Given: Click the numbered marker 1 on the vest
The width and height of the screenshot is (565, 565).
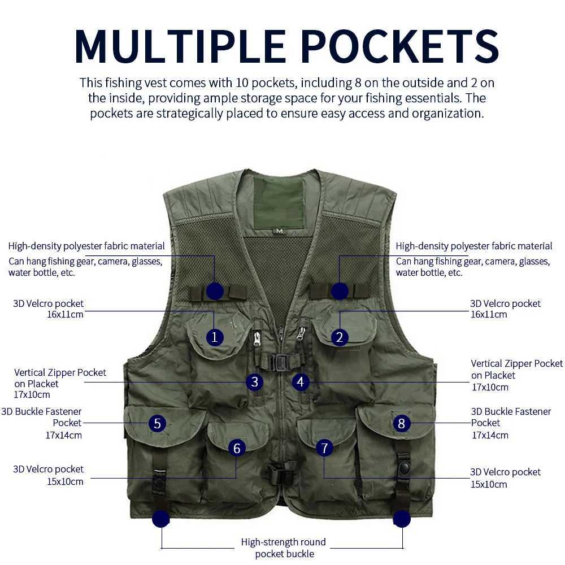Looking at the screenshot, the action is point(215,337).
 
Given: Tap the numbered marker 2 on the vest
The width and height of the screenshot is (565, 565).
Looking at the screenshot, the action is point(340,337).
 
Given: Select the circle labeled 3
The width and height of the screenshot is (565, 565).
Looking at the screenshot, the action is point(254,382).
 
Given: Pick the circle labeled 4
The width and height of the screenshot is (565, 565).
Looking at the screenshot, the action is point(300,382).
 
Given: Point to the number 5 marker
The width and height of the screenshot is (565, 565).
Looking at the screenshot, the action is point(157,423).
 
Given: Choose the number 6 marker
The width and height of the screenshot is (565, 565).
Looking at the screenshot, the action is point(237,448).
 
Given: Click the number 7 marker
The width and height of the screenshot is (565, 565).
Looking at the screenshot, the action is point(324,448).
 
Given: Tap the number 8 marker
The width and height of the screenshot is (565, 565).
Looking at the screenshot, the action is point(401,423).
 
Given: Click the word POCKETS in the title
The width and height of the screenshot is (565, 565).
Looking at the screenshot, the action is point(399,46).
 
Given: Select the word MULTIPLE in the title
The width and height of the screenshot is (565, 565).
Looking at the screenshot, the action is point(181,46).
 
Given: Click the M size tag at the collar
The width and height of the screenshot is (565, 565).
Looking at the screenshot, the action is point(279,231).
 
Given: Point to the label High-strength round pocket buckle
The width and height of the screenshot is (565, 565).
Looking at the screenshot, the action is point(284,547).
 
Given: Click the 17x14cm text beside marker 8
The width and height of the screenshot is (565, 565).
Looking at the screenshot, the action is point(490,435).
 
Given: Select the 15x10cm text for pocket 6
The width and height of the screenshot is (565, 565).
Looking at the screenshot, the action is point(65,481).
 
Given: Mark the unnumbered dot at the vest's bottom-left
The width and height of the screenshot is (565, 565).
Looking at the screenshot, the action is point(160,519).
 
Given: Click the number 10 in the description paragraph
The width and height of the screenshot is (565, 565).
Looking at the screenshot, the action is point(242,83).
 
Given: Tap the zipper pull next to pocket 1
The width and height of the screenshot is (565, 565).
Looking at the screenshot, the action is point(257,338).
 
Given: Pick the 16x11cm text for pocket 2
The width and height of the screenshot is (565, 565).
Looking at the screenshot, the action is point(489,314).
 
